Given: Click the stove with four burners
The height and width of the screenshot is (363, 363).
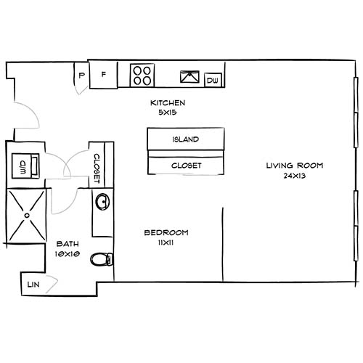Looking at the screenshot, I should point(142,74).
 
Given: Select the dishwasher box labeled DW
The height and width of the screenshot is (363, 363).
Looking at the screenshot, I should point(214,80).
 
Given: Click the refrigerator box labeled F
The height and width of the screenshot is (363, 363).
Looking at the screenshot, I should point(104,74).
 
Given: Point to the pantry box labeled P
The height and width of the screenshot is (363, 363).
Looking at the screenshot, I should point(81,75).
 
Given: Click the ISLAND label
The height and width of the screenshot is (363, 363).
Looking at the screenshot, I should point(186,139).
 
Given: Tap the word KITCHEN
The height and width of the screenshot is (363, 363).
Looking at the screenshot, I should point(168,103).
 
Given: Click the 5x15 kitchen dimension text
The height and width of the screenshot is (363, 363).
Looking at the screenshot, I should point(168,113).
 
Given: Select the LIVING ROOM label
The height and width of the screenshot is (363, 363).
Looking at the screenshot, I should point(294,166).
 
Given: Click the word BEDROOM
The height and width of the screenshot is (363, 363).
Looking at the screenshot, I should point(166,232).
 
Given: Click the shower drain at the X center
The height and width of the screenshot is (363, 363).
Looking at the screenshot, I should point(28,214).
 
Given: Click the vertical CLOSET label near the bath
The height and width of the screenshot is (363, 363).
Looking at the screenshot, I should point(97,168).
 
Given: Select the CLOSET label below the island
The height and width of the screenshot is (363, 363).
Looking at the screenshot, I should point(186,165).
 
